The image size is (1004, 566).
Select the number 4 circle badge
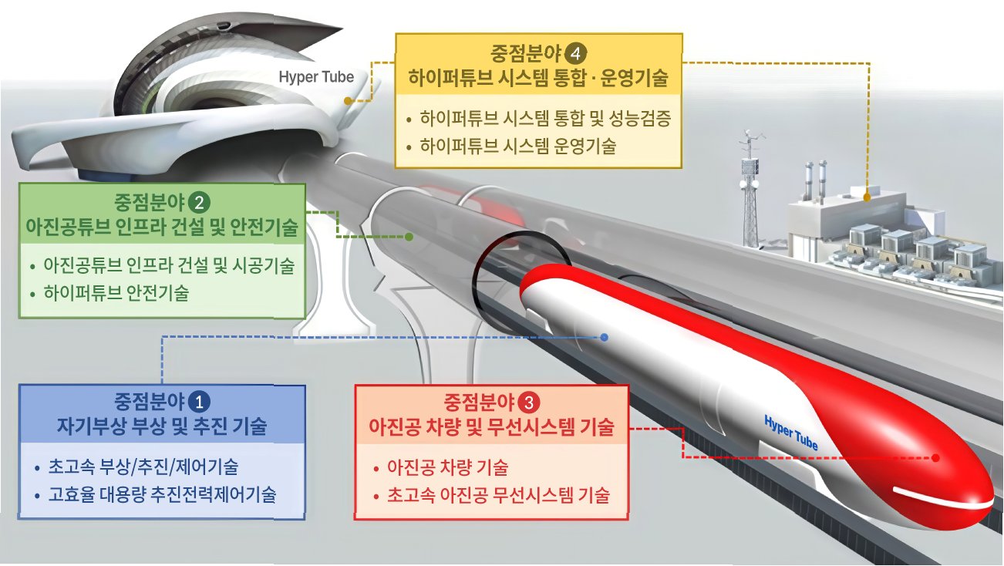tap(575, 53)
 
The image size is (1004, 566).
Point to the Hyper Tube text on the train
tap(790, 434)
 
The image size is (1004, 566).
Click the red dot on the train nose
tap(936, 457)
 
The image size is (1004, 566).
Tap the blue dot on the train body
tap(605, 337)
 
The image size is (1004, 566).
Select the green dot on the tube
tap(409, 236)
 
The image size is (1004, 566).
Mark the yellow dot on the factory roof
tap(868, 197)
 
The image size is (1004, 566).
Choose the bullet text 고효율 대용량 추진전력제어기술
tap(162, 494)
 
